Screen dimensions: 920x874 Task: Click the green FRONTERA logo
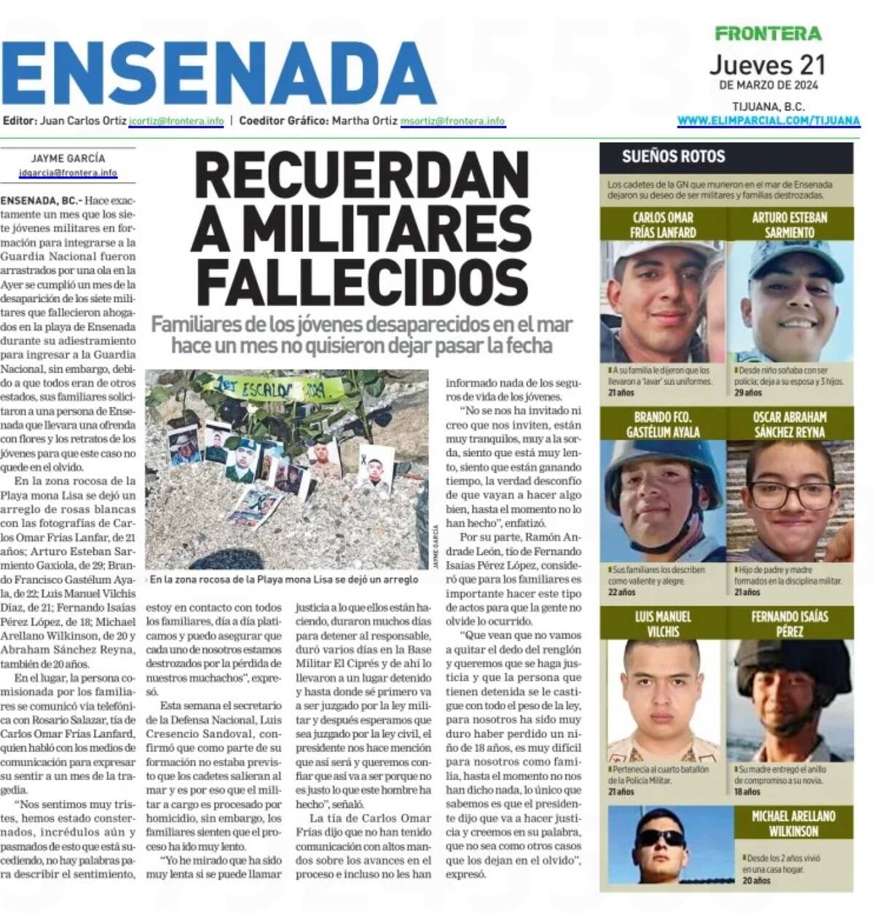768,33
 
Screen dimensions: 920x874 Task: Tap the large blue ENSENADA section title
219,73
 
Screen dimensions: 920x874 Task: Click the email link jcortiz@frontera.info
176,121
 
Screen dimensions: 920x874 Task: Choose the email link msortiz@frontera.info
452,121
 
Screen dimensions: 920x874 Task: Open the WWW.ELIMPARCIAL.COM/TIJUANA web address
768,120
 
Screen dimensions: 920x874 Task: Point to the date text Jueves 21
768,65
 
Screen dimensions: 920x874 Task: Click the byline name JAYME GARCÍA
68,158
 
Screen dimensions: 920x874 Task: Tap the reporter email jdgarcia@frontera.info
68,173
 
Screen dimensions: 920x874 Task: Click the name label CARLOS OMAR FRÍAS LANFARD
664,225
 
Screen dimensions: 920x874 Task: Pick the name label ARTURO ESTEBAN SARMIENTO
790,225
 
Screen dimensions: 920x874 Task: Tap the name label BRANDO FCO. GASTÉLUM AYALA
663,424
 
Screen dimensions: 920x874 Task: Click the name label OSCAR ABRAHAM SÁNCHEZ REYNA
790,424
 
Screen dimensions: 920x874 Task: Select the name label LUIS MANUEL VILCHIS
663,623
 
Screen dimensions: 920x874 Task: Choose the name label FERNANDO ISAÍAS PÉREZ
790,623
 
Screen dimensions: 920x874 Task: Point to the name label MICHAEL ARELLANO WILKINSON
793,823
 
